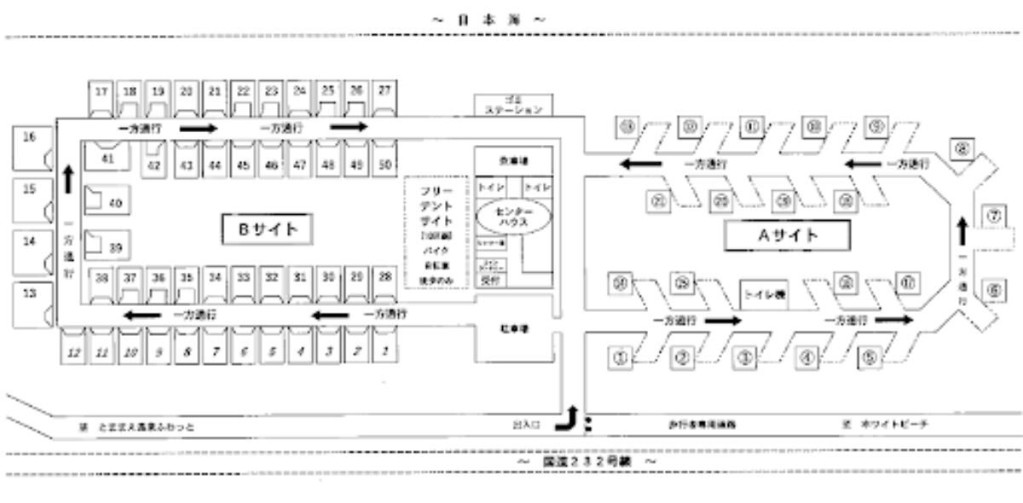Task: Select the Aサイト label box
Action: point(788,235)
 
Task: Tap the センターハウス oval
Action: point(513,217)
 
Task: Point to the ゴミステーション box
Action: point(513,105)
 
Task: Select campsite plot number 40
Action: point(107,203)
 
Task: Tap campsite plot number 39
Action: point(107,246)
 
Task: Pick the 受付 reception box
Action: point(489,279)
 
